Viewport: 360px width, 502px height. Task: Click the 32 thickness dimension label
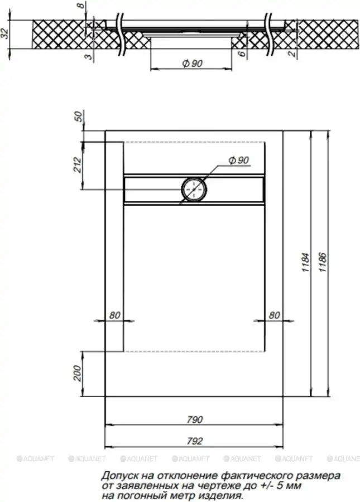pos(5,33)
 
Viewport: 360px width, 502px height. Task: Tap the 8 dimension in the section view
pos(81,6)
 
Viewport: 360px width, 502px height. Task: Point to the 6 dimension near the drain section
pos(242,53)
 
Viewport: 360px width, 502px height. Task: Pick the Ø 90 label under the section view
pos(193,64)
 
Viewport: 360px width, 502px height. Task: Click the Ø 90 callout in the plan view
pos(239,160)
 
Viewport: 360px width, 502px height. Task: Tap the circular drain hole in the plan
pos(194,189)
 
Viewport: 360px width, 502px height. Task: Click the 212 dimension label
pos(78,165)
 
